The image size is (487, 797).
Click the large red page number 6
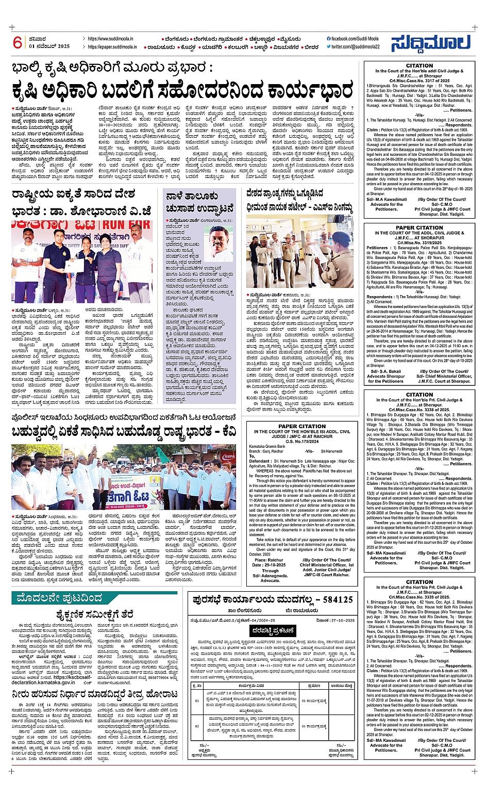pyautogui.click(x=18, y=42)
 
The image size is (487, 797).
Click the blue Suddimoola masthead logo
pyautogui.click(x=430, y=44)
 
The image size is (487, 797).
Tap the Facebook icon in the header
pyautogui.click(x=329, y=39)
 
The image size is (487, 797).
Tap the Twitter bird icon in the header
pyautogui.click(x=329, y=46)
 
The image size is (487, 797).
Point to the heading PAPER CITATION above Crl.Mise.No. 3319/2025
pyautogui.click(x=419, y=227)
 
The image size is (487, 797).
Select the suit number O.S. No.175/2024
pyautogui.click(x=301, y=441)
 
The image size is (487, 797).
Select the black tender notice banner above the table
pyautogui.click(x=273, y=630)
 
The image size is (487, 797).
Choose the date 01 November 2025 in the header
pyautogui.click(x=49, y=46)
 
